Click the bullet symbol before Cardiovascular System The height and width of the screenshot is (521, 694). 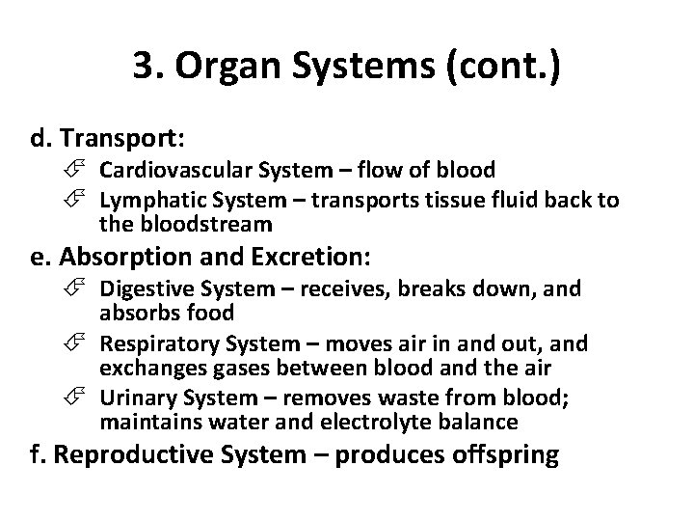[86, 171]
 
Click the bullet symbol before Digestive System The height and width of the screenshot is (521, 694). [86, 289]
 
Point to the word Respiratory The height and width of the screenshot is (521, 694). [154, 343]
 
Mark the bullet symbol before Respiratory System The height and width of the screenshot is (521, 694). [86, 343]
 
